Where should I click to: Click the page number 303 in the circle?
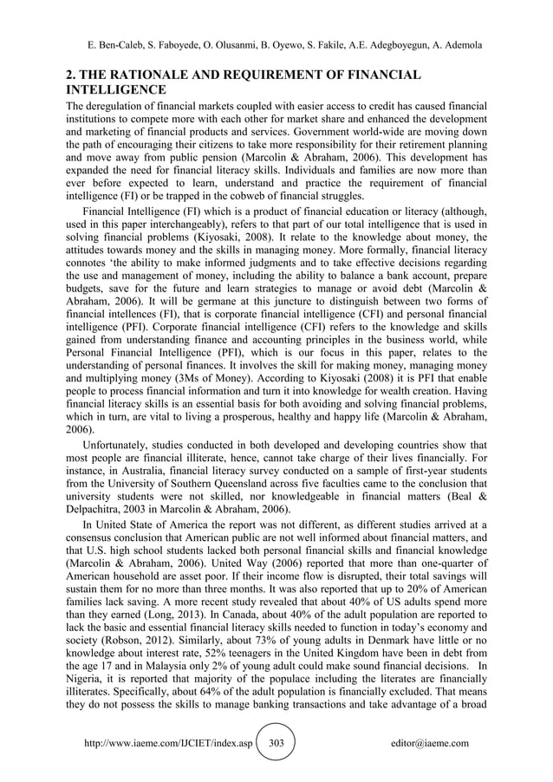pyautogui.click(x=276, y=743)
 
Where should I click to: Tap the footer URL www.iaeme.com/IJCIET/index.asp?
pyautogui.click(x=168, y=743)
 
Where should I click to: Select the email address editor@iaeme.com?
pyautogui.click(x=430, y=743)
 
